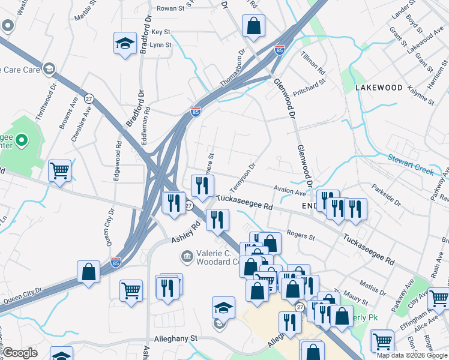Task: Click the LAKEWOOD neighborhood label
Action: point(379,88)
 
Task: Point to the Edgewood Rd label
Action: point(119,161)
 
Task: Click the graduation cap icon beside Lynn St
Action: point(125,43)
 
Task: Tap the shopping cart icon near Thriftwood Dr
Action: point(59,170)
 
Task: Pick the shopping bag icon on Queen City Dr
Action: point(88,271)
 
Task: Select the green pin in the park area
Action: point(22,141)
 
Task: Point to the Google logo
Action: point(20,353)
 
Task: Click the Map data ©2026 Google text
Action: point(412,355)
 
